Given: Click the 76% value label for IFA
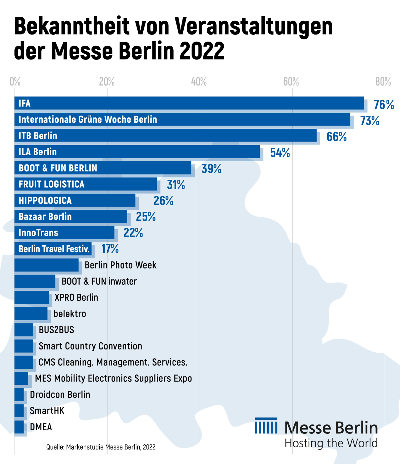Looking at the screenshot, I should (x=383, y=105).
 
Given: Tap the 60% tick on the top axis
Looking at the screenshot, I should (x=291, y=82).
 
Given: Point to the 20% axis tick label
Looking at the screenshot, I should (x=107, y=82).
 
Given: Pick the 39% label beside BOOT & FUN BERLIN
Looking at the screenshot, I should (x=211, y=169).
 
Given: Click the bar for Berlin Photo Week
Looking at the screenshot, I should (x=46, y=265).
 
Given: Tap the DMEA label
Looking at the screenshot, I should (x=41, y=427).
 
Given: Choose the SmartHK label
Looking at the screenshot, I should (x=47, y=411).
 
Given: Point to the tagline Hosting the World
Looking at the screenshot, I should (x=331, y=443).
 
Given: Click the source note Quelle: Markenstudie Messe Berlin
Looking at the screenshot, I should (x=101, y=447).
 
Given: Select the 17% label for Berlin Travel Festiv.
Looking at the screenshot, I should (x=110, y=249).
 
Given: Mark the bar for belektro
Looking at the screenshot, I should (x=31, y=313).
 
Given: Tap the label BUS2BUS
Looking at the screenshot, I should (x=56, y=330).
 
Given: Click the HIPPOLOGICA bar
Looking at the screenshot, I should (x=75, y=200).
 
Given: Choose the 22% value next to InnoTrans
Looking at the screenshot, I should (x=133, y=233).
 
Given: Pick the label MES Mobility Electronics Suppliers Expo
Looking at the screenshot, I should (x=113, y=378).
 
